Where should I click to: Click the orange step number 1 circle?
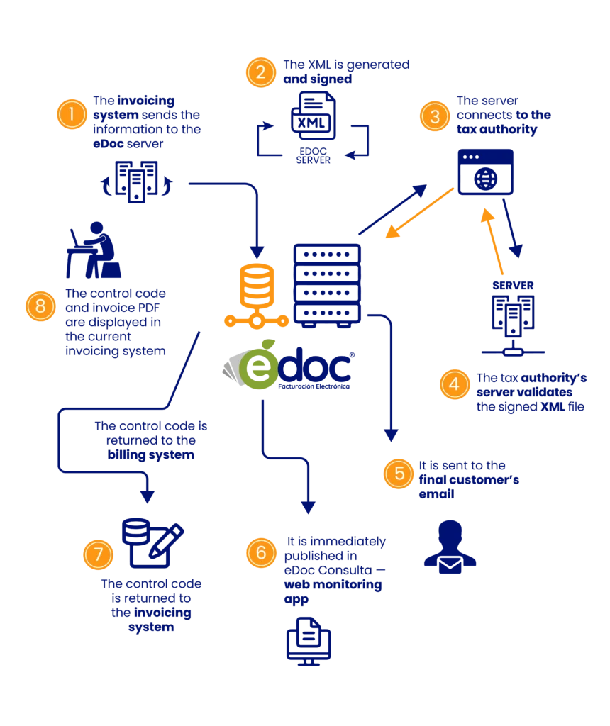[72, 114]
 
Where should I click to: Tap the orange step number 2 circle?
[261, 72]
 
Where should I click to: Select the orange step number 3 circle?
[435, 116]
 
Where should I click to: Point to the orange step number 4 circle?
[455, 384]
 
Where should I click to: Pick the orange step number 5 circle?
[399, 474]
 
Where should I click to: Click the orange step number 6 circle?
[261, 552]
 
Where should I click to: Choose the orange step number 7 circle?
[98, 554]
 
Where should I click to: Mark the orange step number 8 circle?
[40, 306]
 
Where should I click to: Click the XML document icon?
[313, 116]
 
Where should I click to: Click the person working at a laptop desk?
[94, 250]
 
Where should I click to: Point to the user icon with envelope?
[450, 547]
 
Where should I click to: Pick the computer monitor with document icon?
[309, 641]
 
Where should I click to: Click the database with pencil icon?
[152, 543]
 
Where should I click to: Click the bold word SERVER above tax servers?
[514, 286]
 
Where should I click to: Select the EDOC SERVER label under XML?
[313, 155]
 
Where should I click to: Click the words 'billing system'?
[151, 454]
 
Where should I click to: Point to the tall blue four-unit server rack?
[327, 286]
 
